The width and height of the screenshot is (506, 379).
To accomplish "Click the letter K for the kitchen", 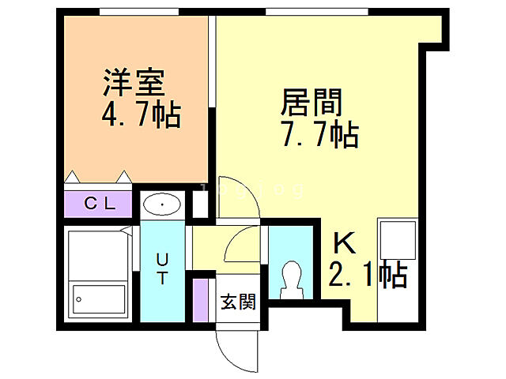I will click(342, 242).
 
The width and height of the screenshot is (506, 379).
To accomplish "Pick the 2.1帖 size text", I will click(367, 275).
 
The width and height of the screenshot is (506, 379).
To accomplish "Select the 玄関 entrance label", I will click(238, 301).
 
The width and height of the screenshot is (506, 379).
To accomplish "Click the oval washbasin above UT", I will click(163, 205).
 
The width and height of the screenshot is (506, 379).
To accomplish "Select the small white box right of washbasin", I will click(200, 204).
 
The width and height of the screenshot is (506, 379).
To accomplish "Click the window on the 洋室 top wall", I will click(138, 11).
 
